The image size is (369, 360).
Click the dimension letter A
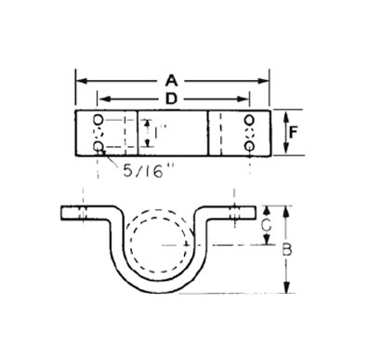point(172,81)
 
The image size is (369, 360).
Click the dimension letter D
point(171,100)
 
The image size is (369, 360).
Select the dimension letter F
point(293,133)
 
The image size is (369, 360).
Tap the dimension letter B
point(287,250)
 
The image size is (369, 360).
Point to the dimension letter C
point(266,226)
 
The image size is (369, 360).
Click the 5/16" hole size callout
point(147,171)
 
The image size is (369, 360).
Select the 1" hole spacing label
point(161,133)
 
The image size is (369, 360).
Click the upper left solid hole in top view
point(99,119)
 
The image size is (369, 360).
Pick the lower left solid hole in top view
point(99,145)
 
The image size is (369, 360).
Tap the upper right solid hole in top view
point(249,119)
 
